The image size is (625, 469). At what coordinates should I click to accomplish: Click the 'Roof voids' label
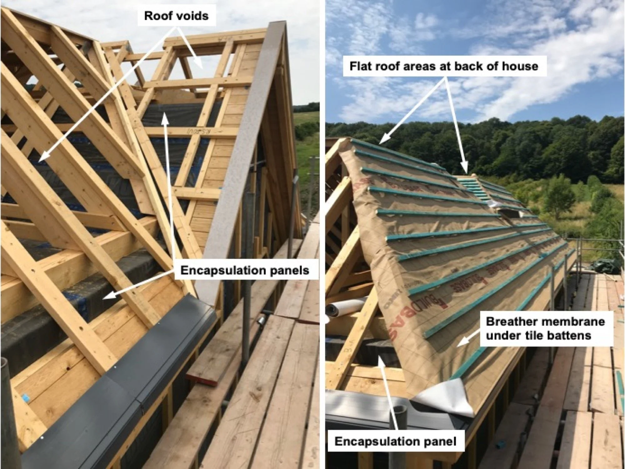coord(176,16)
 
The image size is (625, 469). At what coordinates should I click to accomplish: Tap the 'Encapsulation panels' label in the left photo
coord(245,270)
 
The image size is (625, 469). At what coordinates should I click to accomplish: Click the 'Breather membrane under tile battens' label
coord(545,328)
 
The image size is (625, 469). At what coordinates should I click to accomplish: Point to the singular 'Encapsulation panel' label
coord(395,441)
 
